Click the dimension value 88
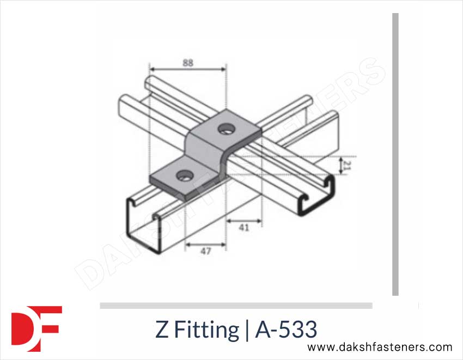point(187,63)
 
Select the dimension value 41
point(244,228)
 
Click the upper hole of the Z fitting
point(224,129)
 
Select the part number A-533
point(285,330)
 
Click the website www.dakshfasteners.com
point(380,347)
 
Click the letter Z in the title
point(162,330)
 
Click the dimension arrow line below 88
point(187,70)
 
